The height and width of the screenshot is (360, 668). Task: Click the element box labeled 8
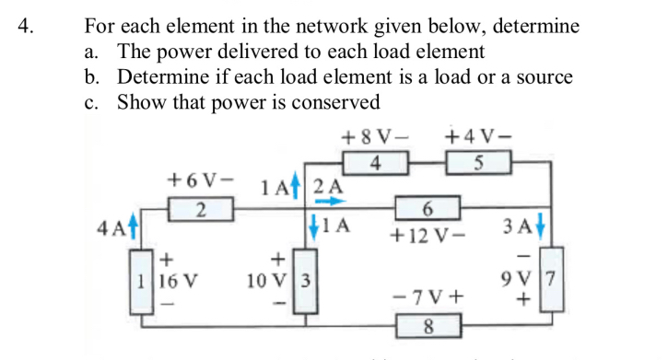pyautogui.click(x=428, y=325)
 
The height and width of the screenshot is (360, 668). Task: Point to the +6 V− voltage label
pyautogui.click(x=199, y=178)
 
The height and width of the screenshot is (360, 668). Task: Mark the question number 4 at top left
pyautogui.click(x=27, y=26)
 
